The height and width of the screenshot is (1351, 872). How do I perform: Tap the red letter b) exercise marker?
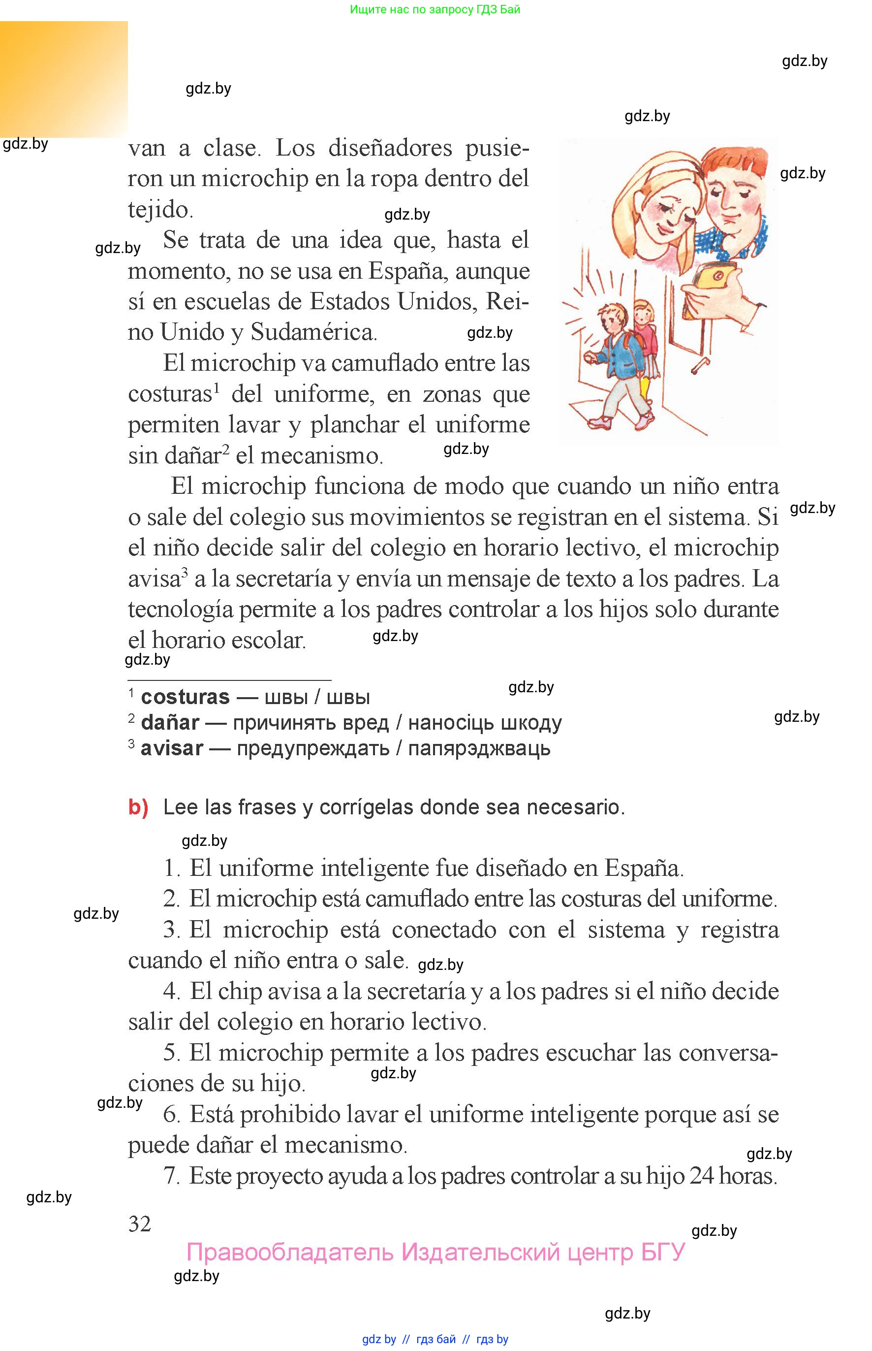138,806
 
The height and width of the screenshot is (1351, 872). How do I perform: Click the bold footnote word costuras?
185,697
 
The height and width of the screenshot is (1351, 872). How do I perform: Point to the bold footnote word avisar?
172,748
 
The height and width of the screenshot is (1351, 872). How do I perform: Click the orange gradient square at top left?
63,79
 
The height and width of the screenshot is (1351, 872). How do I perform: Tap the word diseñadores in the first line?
390,148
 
